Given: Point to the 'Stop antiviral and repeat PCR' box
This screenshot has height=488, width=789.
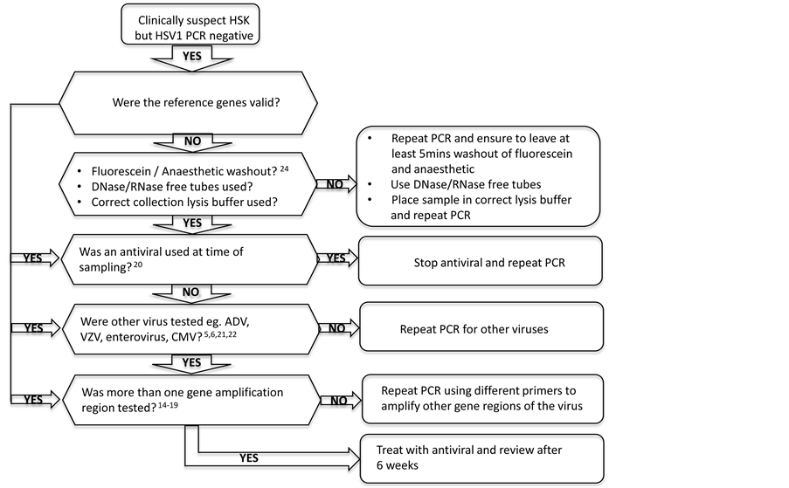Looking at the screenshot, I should click(481, 261).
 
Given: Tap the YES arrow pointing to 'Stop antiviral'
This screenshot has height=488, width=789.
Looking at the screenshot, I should click(336, 258).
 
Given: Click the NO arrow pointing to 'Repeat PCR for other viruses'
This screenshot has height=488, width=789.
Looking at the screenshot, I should click(336, 328).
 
